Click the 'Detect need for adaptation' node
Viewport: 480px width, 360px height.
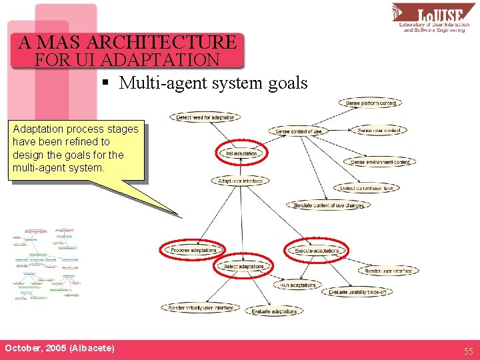(x=205, y=117)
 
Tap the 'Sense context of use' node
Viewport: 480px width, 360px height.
(x=299, y=131)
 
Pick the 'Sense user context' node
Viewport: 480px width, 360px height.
(x=379, y=131)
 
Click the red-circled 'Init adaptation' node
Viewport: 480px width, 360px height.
(x=241, y=153)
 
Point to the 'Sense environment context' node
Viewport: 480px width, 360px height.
(x=380, y=162)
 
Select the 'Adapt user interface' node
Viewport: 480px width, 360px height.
(x=241, y=181)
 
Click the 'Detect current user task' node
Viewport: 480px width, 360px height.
(x=366, y=189)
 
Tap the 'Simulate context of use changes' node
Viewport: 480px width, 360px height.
(x=328, y=205)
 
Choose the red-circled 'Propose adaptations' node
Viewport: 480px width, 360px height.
(x=193, y=250)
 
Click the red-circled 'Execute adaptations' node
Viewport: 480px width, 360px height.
(x=317, y=250)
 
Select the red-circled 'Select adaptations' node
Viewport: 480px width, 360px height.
(x=243, y=267)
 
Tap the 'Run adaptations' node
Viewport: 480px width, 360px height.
(x=298, y=285)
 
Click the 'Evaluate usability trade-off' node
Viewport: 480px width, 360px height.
(x=357, y=292)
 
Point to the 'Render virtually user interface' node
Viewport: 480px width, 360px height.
(x=200, y=308)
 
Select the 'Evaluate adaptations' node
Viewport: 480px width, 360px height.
(x=275, y=311)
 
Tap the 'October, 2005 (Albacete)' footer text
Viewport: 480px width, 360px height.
(x=59, y=349)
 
